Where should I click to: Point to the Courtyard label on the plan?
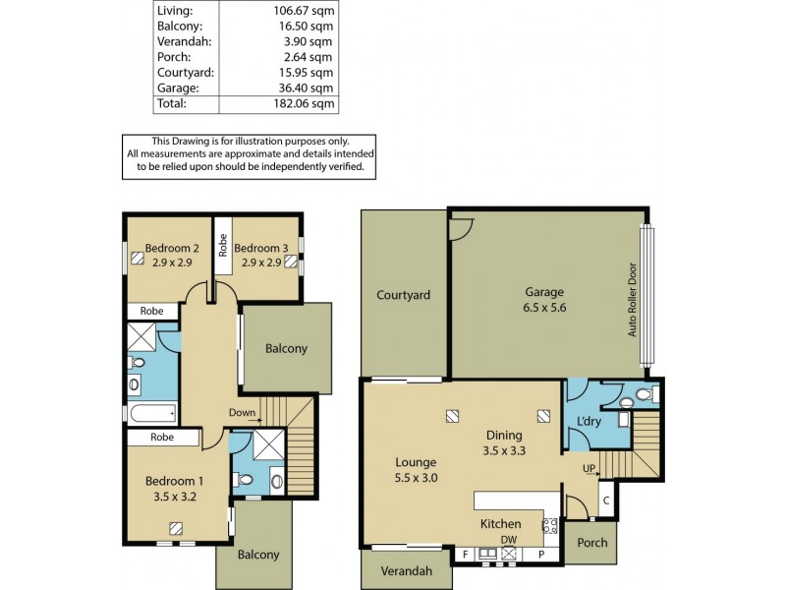tap(403, 295)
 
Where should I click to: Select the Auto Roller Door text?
tap(634, 300)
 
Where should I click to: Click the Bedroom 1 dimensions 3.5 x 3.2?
tap(175, 497)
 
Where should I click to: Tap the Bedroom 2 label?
tap(173, 248)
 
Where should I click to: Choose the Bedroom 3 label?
tap(261, 248)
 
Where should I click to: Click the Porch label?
tap(592, 543)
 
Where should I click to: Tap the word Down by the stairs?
tap(242, 412)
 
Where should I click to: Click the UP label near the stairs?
tap(589, 467)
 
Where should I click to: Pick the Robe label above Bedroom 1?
tap(163, 438)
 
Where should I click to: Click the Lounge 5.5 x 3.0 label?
tap(416, 470)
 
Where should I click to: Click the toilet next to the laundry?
tap(644, 395)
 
